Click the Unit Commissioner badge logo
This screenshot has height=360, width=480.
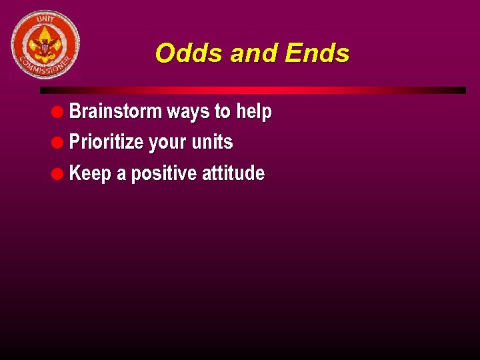point(45,45)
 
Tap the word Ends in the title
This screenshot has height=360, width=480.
point(317,53)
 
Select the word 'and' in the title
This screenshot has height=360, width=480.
point(254,53)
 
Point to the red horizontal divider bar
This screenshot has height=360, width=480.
point(253,90)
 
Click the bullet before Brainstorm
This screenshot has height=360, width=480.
point(59,111)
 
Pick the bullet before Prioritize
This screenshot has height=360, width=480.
point(59,142)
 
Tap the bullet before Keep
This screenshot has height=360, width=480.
point(59,173)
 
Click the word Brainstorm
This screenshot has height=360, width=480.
point(115,111)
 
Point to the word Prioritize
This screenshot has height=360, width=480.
point(107,142)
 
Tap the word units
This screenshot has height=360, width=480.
point(212,142)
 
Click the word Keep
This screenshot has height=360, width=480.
point(90,174)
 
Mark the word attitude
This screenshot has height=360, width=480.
point(233,173)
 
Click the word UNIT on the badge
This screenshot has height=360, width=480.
point(45,20)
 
